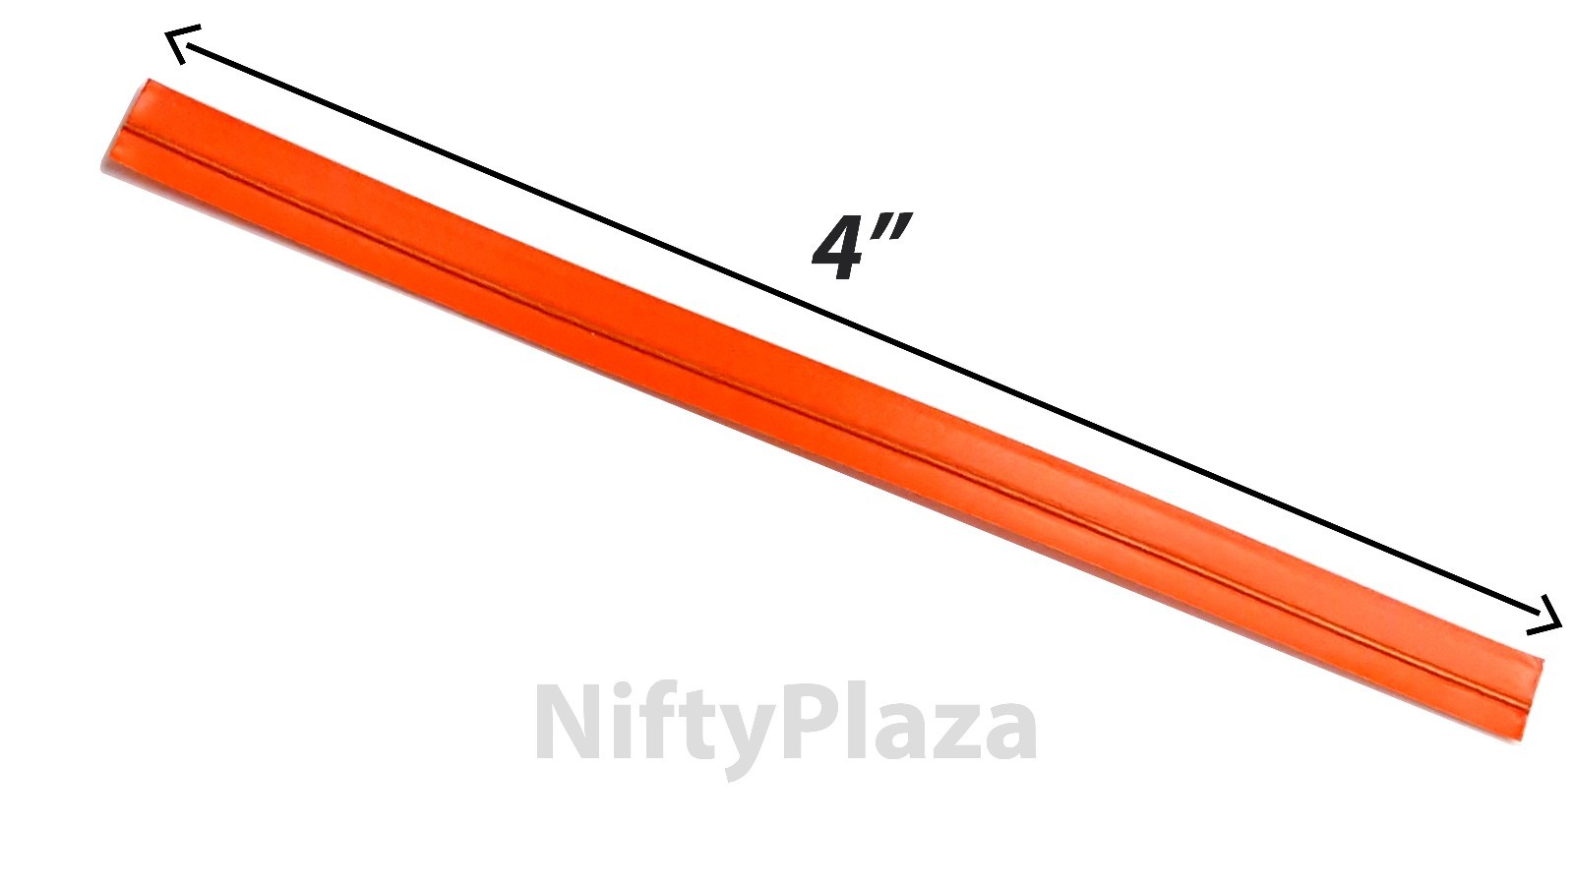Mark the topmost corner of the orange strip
point(149,81)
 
